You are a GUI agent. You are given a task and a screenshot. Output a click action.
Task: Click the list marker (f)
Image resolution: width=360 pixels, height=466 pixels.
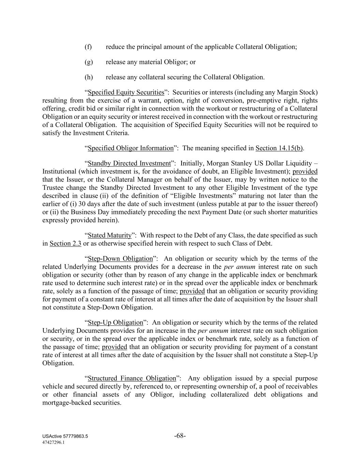click(x=88, y=47)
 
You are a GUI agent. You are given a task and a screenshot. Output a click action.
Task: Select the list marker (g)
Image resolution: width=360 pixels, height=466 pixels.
click(x=88, y=62)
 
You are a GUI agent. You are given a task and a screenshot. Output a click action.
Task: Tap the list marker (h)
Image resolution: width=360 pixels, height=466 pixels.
click(x=88, y=77)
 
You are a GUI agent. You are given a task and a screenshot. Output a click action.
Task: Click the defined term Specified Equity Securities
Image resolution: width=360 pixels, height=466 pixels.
click(x=126, y=93)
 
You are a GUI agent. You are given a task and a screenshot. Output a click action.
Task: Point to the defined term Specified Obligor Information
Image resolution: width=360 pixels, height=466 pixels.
click(x=131, y=148)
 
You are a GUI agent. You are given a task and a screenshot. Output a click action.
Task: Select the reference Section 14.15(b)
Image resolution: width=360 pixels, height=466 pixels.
click(x=279, y=148)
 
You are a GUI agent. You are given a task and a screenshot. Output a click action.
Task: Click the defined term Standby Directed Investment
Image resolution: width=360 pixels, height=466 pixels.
click(x=129, y=164)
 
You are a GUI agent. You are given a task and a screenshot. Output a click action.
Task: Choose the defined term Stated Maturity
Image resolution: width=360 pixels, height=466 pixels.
click(x=110, y=236)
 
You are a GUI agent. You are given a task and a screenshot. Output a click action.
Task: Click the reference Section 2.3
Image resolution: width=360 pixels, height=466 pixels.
click(x=65, y=244)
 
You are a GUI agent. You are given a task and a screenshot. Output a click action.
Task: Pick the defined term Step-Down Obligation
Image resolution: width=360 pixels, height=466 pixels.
click(x=120, y=259)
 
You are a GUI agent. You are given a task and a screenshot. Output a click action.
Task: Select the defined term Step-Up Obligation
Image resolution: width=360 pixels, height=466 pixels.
click(x=115, y=323)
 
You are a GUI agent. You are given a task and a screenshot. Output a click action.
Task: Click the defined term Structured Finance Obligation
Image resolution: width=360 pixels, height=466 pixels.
click(x=132, y=379)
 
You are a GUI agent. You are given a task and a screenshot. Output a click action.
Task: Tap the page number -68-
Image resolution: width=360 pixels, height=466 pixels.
click(x=180, y=436)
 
